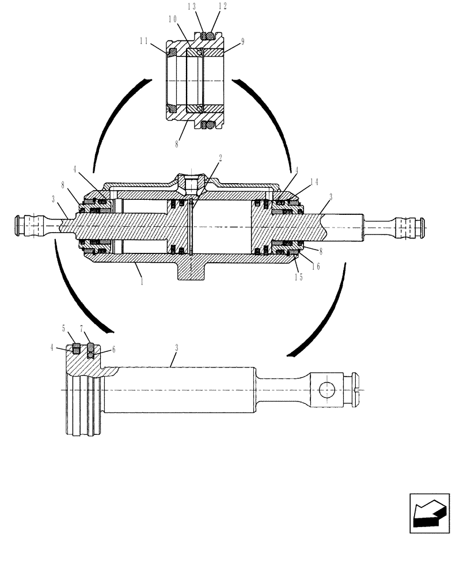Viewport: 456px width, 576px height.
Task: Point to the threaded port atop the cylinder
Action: click(x=190, y=184)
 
